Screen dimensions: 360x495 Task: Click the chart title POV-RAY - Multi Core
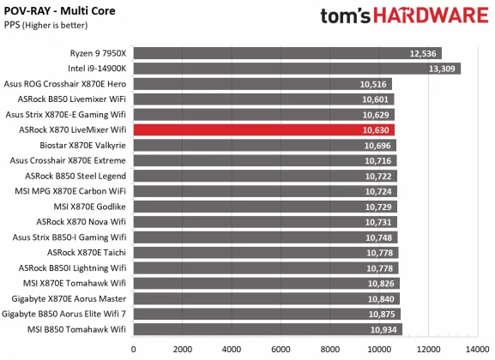[59, 10]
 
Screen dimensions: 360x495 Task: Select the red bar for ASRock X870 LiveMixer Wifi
[263, 130]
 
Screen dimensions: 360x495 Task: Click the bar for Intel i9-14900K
[296, 69]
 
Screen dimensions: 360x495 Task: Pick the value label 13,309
[443, 69]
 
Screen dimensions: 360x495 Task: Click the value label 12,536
[424, 53]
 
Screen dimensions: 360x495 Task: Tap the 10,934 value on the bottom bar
[383, 329]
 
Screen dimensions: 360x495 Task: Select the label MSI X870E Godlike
[91, 207]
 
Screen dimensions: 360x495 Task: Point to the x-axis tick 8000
[330, 350]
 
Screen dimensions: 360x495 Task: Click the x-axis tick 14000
[477, 350]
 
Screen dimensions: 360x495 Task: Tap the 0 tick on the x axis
[134, 350]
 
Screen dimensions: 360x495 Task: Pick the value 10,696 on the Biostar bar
[378, 146]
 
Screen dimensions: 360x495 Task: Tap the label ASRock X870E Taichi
[87, 252]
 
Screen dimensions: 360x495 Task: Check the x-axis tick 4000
[232, 350]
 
